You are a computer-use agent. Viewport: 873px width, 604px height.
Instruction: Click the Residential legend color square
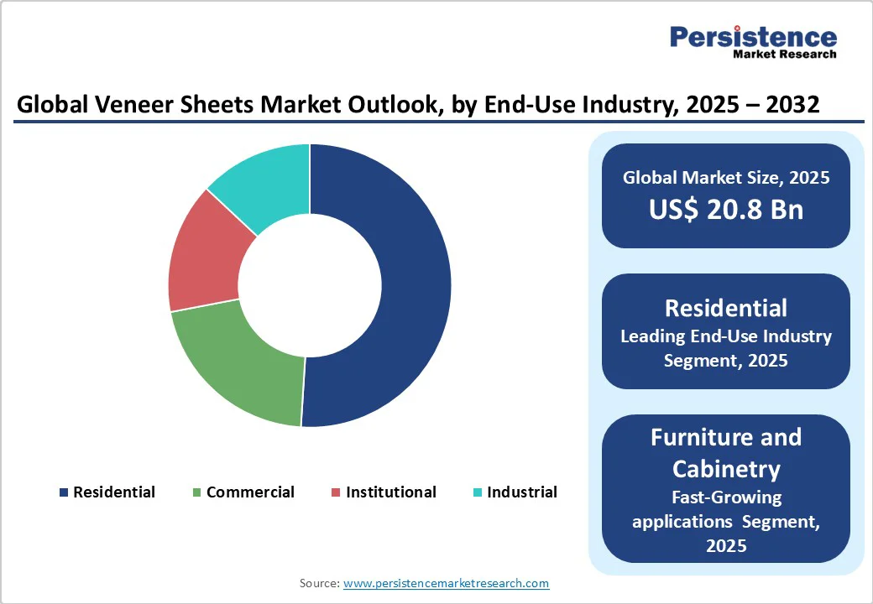[63, 493]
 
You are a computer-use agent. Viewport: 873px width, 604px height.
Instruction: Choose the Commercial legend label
[250, 492]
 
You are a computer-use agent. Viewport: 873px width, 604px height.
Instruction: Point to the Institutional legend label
[390, 492]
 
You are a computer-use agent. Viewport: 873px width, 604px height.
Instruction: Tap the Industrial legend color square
[477, 493]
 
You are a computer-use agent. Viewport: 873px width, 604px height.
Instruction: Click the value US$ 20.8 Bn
[725, 210]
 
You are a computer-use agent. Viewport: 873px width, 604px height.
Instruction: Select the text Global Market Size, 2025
[725, 178]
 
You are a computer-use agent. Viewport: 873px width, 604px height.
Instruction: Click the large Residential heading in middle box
[725, 308]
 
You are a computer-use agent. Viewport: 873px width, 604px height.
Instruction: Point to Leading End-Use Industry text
[725, 336]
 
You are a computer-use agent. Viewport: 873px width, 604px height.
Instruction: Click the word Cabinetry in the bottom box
[725, 468]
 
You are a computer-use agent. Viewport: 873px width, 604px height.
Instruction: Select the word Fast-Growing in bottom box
[725, 497]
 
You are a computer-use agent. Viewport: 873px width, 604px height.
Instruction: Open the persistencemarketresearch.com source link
[446, 583]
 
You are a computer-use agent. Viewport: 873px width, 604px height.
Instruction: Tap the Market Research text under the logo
[784, 55]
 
